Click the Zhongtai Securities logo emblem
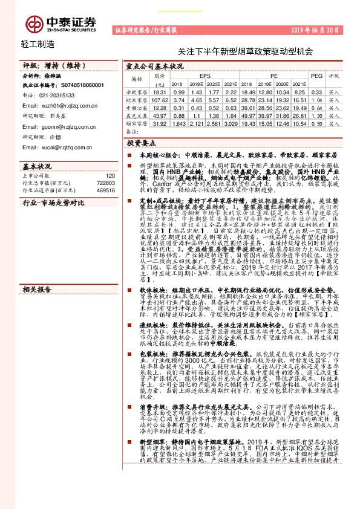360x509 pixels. (x=32, y=24)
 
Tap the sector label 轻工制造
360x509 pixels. (x=37, y=44)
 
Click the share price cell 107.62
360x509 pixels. (x=159, y=99)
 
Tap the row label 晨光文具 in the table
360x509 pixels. (x=137, y=115)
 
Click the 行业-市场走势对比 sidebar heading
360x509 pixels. (x=53, y=203)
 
